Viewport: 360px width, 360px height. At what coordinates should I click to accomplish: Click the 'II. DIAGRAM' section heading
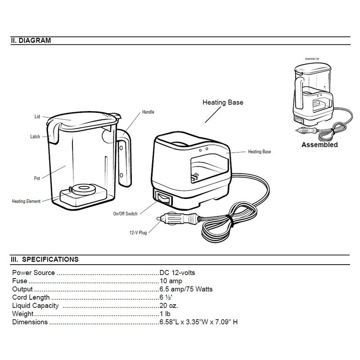(x=31, y=40)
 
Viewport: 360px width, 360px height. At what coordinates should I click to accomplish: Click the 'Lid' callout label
(x=37, y=116)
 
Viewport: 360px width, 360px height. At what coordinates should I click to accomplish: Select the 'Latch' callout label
(x=36, y=136)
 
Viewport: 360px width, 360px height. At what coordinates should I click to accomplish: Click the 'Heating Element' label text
(x=26, y=201)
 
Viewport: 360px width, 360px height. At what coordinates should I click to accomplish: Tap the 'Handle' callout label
(x=148, y=111)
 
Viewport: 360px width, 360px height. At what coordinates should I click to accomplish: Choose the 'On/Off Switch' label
(x=126, y=212)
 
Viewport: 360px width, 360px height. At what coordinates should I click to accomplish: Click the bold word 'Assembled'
(x=319, y=145)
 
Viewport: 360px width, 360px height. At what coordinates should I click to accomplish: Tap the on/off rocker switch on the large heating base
(x=164, y=198)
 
